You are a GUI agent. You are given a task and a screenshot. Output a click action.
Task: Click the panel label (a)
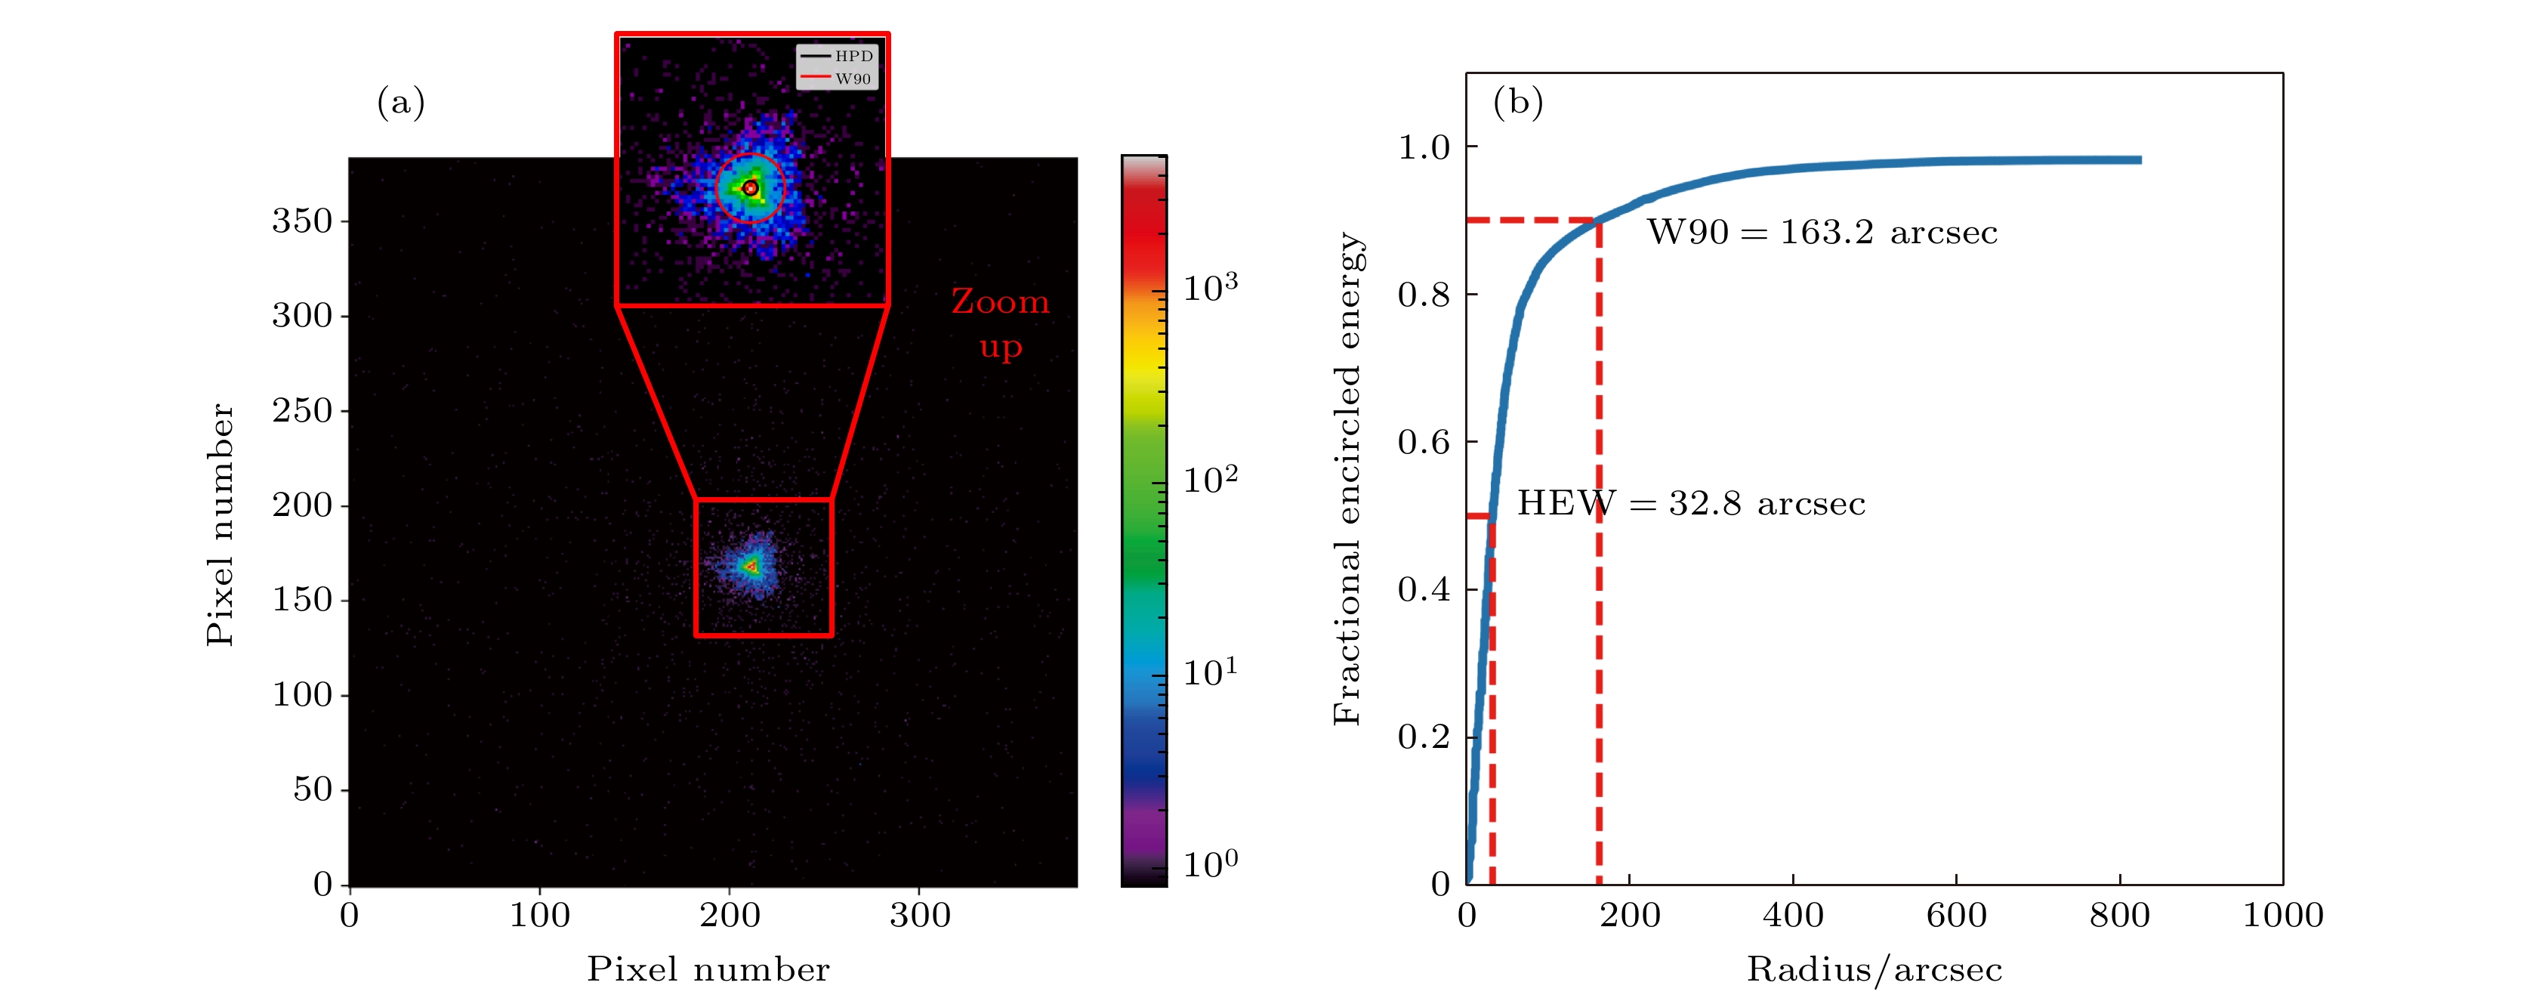(400, 102)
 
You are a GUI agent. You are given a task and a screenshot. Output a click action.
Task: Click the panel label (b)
(1517, 102)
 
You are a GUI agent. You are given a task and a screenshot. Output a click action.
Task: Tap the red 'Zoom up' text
(1001, 323)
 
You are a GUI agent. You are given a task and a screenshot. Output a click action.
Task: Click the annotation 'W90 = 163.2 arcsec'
(1822, 233)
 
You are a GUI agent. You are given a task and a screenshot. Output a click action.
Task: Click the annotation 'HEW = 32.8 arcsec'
(1690, 503)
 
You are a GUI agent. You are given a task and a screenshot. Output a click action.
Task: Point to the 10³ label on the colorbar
(1210, 288)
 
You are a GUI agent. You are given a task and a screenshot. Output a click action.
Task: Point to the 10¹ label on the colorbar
(1210, 672)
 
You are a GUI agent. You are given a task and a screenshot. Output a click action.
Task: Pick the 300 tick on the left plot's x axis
(919, 916)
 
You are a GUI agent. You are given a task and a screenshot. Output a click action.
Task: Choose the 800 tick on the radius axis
(2120, 916)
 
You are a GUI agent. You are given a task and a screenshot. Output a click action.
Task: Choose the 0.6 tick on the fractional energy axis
(1424, 443)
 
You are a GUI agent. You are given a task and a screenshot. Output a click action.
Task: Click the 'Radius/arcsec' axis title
(1874, 969)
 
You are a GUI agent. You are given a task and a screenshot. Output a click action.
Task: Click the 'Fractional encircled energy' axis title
(1347, 479)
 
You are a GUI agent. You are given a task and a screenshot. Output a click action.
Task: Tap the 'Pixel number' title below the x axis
(708, 969)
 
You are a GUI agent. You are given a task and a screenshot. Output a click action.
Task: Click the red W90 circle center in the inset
(751, 187)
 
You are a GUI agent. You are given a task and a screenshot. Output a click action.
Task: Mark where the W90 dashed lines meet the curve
(1599, 220)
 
